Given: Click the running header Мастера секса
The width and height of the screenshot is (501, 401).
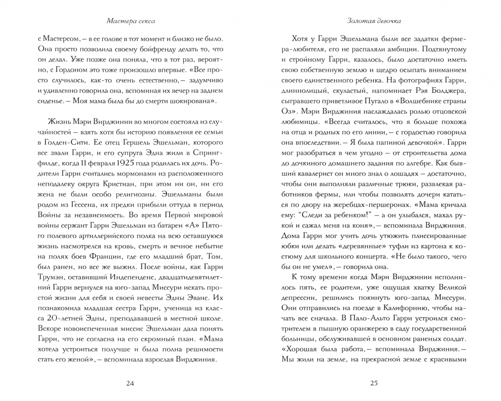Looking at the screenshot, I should coord(131,21).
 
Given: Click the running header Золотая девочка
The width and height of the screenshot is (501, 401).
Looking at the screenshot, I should coord(374,21).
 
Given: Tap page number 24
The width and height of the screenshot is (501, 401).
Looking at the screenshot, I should coord(130,384).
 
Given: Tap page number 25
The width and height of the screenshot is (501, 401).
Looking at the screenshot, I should coord(374,384).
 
